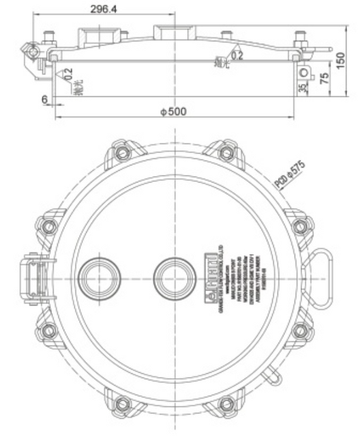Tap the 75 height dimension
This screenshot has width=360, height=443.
[324, 78]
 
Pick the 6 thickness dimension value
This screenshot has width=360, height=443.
[44, 99]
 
